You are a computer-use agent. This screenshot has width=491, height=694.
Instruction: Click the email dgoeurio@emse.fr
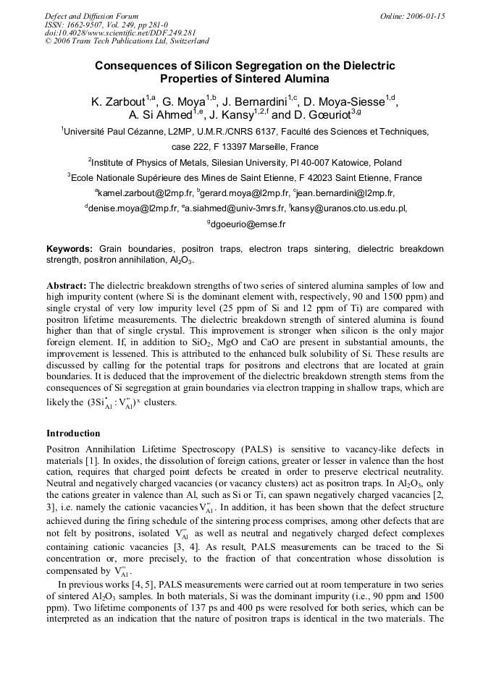(x=248, y=224)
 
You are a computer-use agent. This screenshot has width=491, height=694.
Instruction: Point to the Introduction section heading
(x=73, y=433)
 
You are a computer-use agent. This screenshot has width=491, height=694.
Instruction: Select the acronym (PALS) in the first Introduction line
(x=222, y=449)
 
